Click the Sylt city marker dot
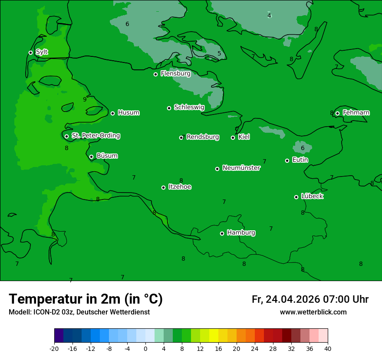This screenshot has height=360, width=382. [30, 52]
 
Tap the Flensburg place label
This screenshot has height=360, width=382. [175, 74]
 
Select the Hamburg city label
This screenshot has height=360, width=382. [241, 233]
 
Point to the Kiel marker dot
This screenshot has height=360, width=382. [233, 137]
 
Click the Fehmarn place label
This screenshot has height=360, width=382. [356, 113]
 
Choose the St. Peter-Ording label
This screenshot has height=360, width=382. [95, 136]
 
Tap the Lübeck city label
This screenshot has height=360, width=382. [312, 196]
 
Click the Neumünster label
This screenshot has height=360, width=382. [241, 168]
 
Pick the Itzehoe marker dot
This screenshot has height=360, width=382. [163, 187]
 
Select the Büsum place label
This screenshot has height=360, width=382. [107, 156]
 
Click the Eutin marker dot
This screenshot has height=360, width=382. [287, 160]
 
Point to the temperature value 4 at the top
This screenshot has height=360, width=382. [269, 16]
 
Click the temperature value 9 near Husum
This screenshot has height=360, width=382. [85, 99]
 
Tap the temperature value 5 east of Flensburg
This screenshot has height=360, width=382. [219, 54]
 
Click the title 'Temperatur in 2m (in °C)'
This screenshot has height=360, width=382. [86, 299]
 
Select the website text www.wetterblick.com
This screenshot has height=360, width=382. [313, 312]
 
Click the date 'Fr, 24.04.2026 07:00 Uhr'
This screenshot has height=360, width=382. [310, 299]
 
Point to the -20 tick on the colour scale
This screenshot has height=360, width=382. [54, 348]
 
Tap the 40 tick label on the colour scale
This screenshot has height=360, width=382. [328, 348]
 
